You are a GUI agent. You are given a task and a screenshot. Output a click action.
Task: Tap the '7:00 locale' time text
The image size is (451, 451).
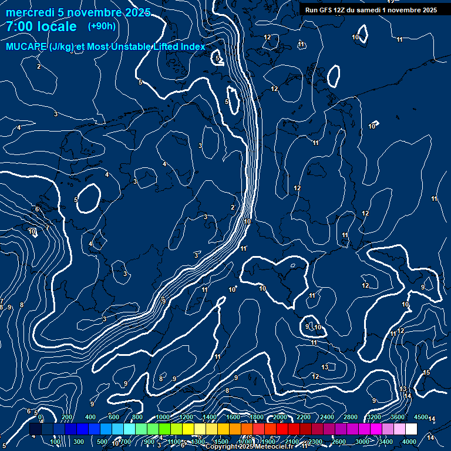[x=41, y=26]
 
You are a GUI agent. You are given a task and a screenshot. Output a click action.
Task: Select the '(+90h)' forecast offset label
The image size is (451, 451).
[x=102, y=26]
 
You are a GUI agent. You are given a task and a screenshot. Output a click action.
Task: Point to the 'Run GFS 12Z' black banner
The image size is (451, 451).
[x=371, y=10]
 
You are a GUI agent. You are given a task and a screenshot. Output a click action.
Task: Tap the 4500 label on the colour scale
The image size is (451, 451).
[x=420, y=417]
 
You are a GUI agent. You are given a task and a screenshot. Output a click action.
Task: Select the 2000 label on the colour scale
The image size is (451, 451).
[x=280, y=417]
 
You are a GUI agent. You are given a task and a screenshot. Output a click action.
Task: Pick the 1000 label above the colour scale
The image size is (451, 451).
[x=163, y=417]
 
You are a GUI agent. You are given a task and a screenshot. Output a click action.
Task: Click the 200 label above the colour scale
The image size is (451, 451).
[x=68, y=417]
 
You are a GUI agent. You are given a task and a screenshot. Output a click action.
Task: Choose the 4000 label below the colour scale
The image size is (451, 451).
[x=409, y=442]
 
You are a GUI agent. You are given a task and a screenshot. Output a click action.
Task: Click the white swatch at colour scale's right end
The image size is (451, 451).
[x=411, y=429]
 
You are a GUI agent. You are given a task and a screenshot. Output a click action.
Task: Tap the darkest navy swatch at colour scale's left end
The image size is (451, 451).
[x=35, y=429]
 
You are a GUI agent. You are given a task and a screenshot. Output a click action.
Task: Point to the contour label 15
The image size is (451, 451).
[x=426, y=373]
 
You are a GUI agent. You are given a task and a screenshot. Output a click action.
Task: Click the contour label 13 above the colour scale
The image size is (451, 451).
[x=325, y=367]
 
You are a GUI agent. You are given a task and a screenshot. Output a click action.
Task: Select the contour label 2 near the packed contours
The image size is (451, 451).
[x=233, y=207]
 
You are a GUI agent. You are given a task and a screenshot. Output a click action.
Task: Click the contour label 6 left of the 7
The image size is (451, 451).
[x=37, y=209]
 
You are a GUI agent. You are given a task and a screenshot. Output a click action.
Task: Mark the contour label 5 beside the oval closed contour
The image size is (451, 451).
[x=76, y=200]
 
